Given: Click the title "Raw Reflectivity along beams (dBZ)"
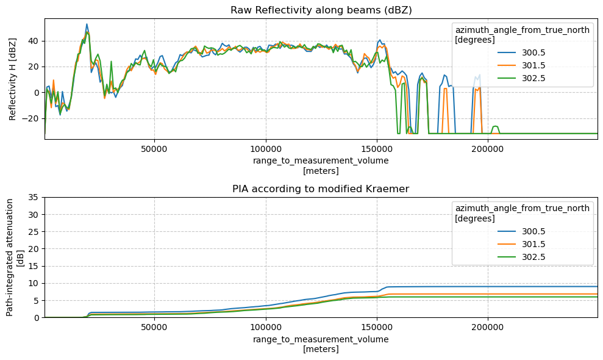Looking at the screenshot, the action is pos(321,10).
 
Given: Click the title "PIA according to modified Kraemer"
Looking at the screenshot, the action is pos(321,189).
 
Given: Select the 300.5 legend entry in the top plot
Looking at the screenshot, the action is pos(521,52).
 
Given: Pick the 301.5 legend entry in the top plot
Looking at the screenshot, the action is pos(521,65).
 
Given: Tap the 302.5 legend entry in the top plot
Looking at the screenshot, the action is pos(521,78).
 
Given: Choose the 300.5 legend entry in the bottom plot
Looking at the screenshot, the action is pos(521,231).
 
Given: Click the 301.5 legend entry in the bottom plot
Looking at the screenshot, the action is pos(521,244).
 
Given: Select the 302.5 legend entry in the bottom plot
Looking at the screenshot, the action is pos(521,257).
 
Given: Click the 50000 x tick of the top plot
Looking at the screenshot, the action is pos(154,149).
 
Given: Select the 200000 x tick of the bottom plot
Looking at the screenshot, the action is pos(488,327).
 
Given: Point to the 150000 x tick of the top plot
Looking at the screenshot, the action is pos(377,149).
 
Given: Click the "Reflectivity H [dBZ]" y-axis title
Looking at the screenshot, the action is pos(13,79).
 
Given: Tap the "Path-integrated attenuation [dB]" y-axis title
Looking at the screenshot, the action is pos(15,257).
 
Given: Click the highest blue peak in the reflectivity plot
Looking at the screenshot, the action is pos(87,24).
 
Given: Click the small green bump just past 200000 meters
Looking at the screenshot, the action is pos(495,127).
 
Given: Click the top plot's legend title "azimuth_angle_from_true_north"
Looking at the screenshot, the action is pos(523,30).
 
